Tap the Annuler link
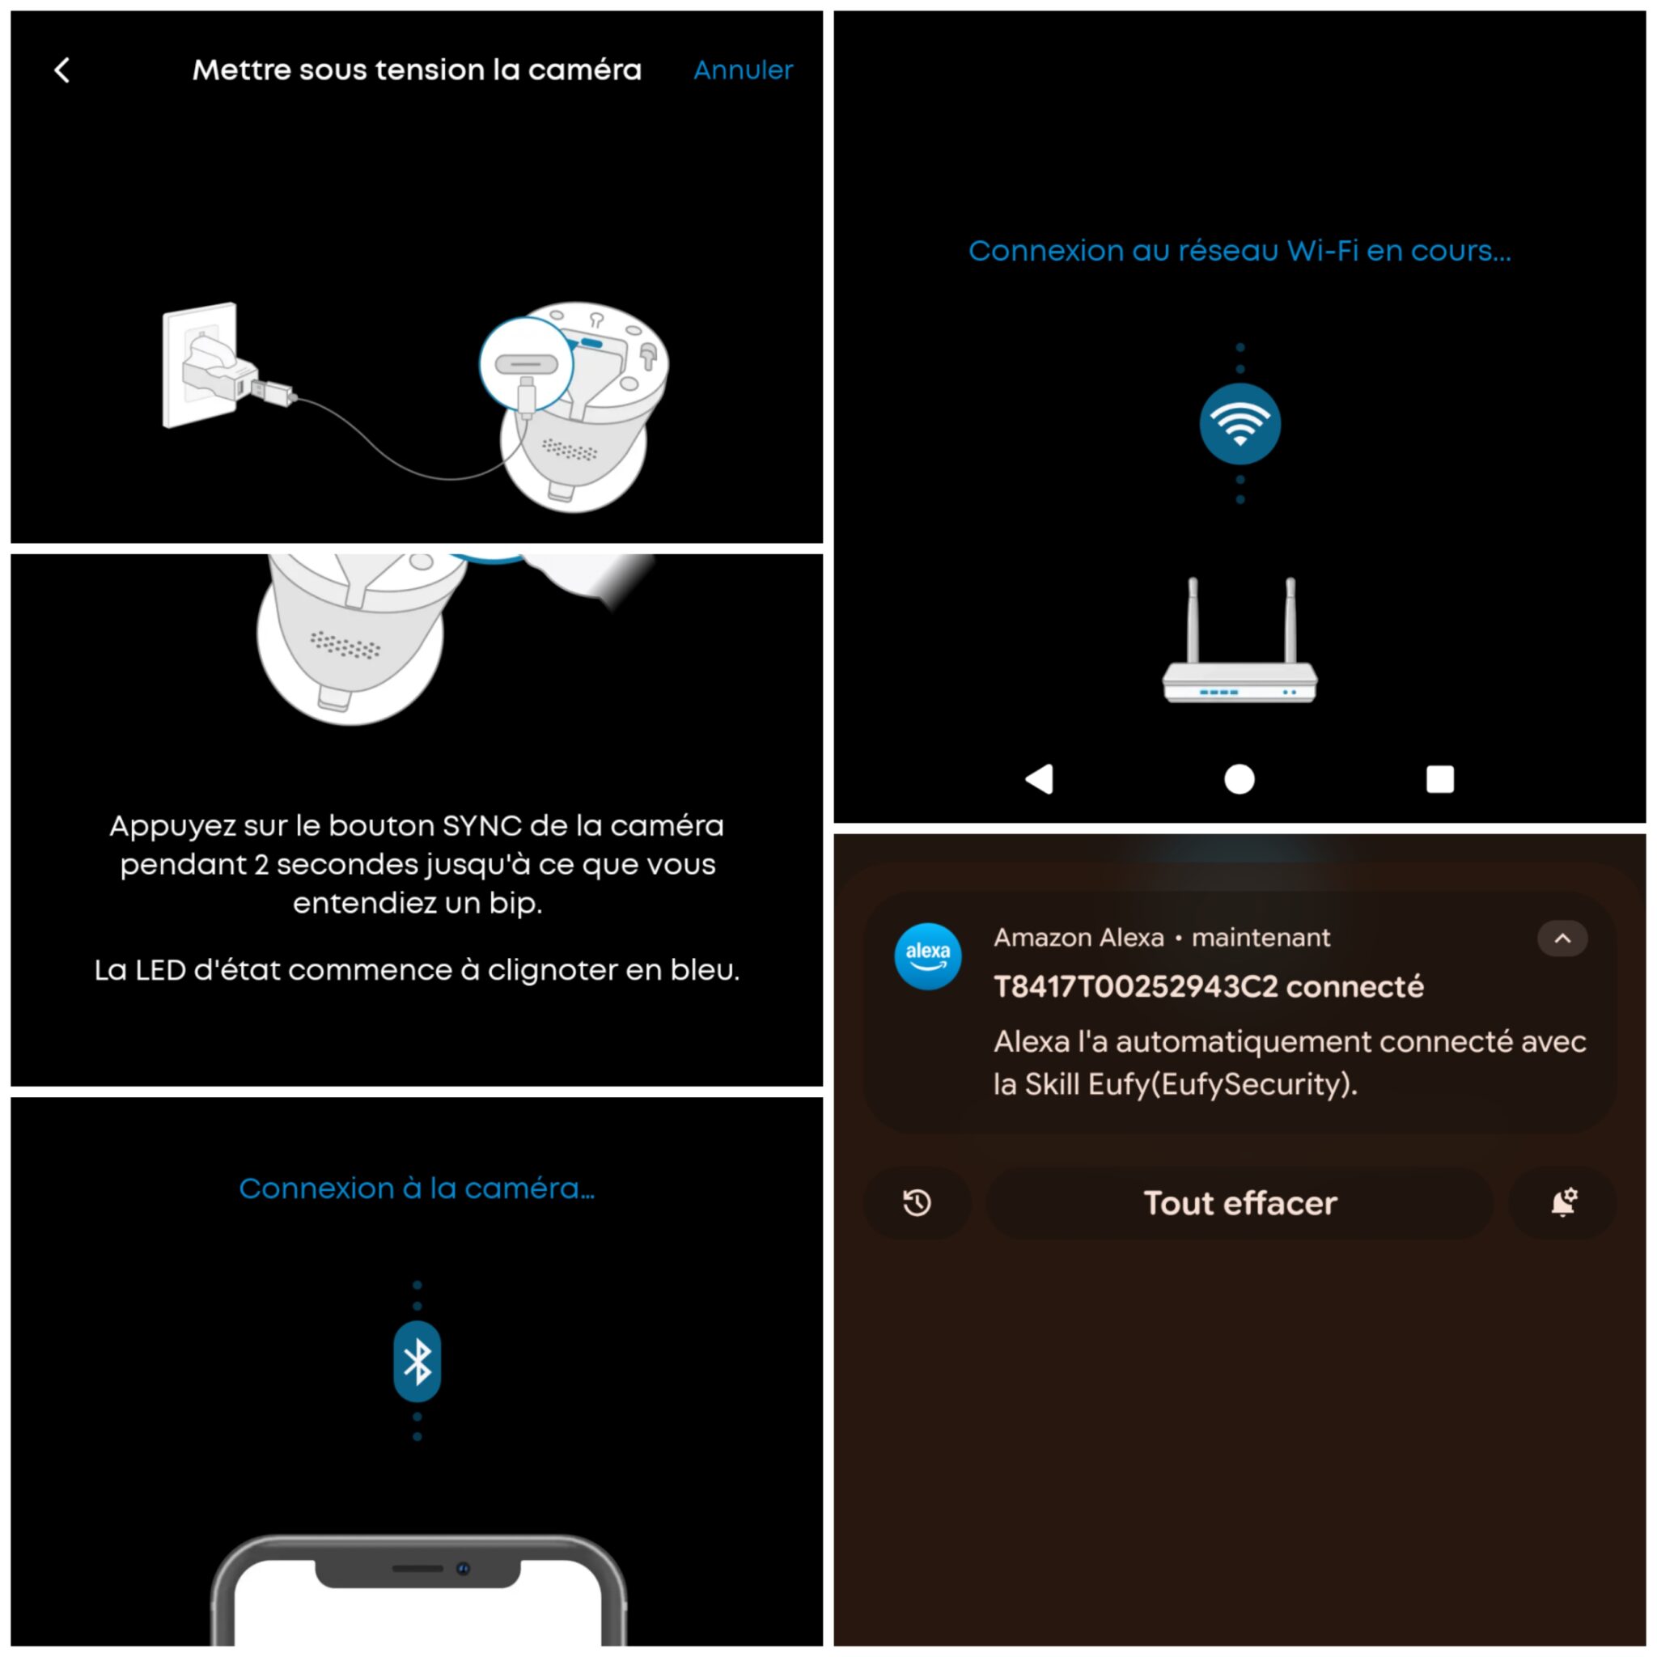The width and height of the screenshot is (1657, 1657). coord(743,70)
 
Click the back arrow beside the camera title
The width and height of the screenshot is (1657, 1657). coord(61,70)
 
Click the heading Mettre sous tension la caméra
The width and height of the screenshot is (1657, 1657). coord(417,70)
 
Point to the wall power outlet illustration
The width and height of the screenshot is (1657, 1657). coord(199,365)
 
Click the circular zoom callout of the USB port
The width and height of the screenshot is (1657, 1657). coord(526,362)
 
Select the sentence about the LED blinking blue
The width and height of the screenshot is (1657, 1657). coord(417,970)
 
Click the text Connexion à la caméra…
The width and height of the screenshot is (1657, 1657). coord(417,1188)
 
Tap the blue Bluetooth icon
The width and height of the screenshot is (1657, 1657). coord(417,1361)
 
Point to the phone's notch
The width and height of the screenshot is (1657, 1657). coord(417,1571)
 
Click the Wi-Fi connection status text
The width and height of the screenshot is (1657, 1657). coord(1240,251)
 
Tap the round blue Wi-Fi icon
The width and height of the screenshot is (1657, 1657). coord(1240,424)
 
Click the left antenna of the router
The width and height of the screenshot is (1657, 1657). coord(1192,619)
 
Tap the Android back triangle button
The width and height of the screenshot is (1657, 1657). coord(1040,779)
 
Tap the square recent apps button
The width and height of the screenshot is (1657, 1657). coord(1440,779)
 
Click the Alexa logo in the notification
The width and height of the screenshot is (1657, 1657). coord(927,956)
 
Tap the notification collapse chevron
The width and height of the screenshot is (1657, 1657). coord(1562,939)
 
